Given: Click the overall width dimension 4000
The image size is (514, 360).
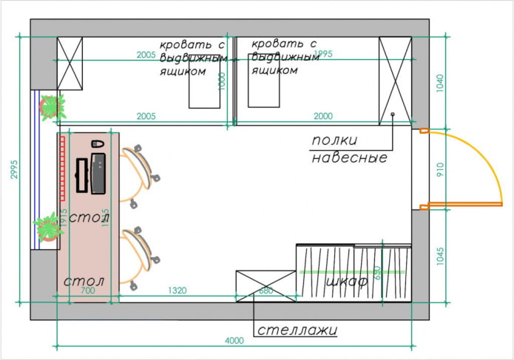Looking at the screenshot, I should click(x=234, y=341).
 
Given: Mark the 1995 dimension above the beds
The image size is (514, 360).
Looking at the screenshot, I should click(x=325, y=55).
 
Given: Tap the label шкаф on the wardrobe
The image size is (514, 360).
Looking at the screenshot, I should click(x=347, y=281).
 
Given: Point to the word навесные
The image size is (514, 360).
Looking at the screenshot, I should click(x=348, y=157).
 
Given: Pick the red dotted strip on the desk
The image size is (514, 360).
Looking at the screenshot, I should click(x=63, y=166).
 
